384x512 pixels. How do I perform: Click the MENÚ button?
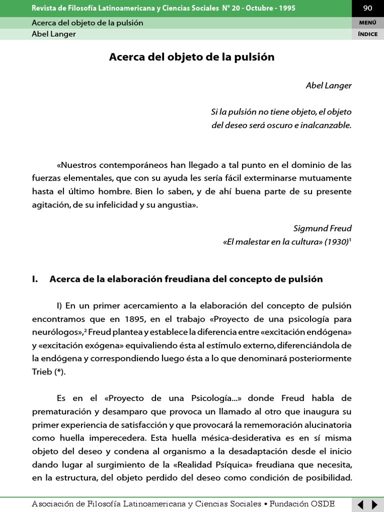click(367, 22)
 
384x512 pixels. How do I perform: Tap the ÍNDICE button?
click(367, 34)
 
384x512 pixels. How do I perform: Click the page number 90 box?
click(367, 8)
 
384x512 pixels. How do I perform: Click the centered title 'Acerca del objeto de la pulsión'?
click(191, 57)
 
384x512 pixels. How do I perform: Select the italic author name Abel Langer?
click(328, 85)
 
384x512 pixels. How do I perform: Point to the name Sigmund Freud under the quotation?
click(322, 228)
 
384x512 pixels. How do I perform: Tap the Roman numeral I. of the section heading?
click(35, 279)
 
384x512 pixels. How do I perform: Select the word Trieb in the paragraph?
click(42, 372)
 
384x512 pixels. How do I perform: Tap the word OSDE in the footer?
click(324, 503)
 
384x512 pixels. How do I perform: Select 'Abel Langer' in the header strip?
click(53, 34)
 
